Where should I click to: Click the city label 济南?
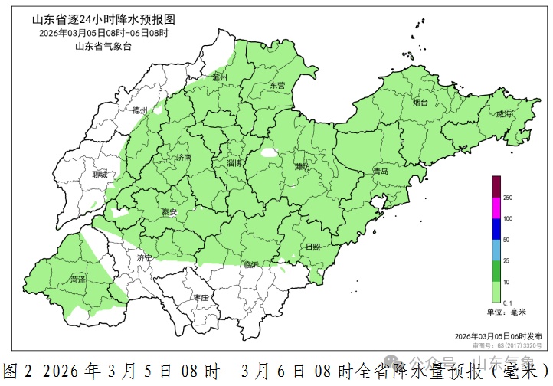[184, 157]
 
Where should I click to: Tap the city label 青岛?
[380, 172]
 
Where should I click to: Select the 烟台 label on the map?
[420, 102]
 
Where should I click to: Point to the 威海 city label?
[504, 114]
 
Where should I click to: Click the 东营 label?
[276, 86]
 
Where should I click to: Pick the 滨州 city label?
[221, 78]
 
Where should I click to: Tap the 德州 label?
[140, 110]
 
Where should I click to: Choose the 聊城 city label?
[100, 175]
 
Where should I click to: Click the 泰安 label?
[169, 212]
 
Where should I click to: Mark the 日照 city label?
[312, 247]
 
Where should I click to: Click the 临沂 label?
[251, 265]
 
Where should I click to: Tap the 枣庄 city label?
[201, 298]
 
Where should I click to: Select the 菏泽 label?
[78, 280]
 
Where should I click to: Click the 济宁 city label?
[145, 258]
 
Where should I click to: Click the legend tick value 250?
[508, 198]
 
